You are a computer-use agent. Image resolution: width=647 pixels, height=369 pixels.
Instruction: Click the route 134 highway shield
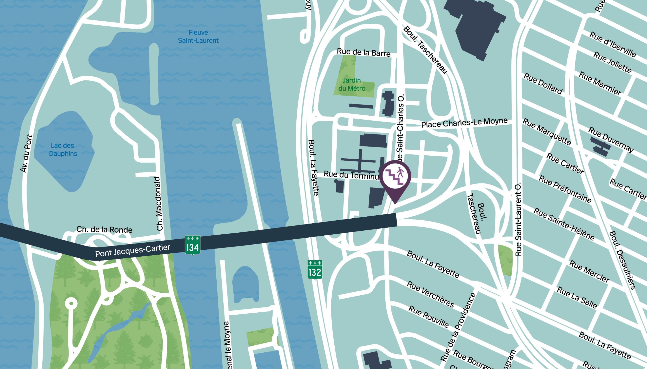coord(193,245)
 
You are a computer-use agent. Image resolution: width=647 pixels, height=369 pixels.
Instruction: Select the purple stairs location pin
coord(395,178)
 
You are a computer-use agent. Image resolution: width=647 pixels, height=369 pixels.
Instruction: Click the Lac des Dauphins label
coord(63,150)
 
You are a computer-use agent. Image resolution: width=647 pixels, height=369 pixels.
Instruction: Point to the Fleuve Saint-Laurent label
coord(198,37)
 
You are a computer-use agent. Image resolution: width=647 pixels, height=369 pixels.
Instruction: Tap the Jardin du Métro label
coord(352,84)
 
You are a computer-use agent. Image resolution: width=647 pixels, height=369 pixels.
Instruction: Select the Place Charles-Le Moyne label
coord(464,123)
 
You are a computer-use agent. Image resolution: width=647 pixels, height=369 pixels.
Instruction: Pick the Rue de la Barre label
coord(363,52)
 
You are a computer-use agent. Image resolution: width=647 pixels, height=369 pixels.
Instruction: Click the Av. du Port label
coord(26,154)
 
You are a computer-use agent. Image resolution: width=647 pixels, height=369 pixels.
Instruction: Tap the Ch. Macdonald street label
coord(159,204)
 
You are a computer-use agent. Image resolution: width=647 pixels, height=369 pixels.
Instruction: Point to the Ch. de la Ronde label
coord(104,230)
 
